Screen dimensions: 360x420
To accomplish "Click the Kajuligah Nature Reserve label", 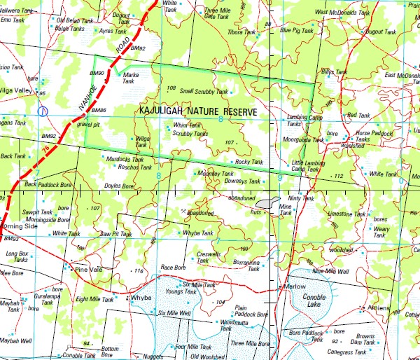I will click(198, 112).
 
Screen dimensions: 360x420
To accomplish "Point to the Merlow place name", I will click(295, 287).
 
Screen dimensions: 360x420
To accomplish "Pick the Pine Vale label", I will click(89, 268).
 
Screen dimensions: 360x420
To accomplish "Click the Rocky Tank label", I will click(248, 162).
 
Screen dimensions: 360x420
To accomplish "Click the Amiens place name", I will click(379, 307).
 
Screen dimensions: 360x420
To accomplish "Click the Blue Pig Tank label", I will click(296, 30).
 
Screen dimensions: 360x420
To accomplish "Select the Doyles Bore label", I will click(118, 186).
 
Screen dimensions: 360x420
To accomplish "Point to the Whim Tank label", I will click(186, 125).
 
